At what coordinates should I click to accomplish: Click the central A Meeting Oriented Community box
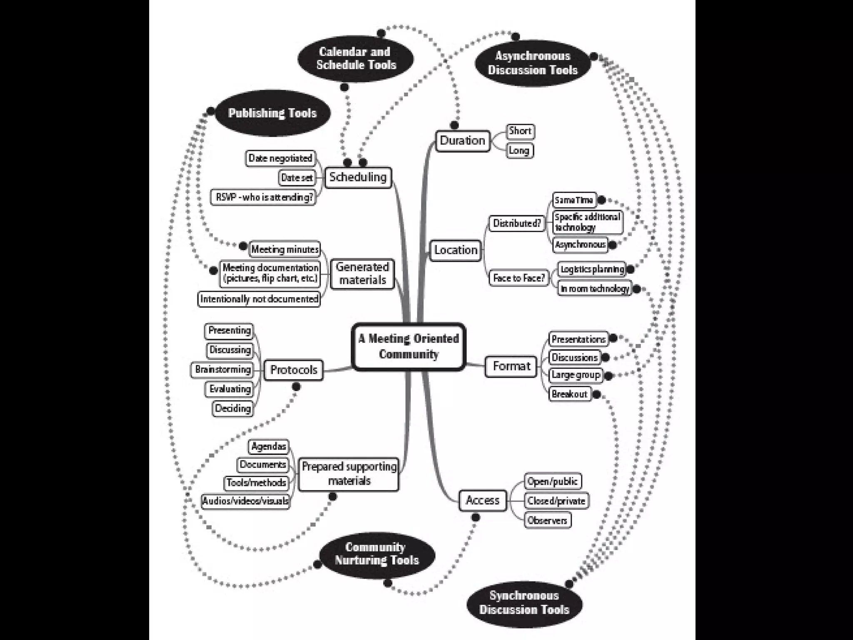(409, 347)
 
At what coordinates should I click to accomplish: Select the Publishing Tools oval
(272, 113)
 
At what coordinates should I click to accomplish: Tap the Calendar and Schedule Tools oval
(356, 58)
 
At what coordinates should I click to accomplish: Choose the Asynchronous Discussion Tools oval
(533, 63)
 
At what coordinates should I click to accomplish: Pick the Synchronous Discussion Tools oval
(524, 602)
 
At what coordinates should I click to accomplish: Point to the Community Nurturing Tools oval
(377, 554)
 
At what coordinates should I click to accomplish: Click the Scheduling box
(358, 177)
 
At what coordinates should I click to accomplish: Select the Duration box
(462, 141)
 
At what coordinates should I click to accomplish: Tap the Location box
(456, 250)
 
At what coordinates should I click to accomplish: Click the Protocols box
(294, 370)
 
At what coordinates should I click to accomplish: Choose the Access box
(482, 500)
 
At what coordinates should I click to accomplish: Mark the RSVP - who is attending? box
(263, 197)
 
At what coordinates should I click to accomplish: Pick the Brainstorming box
(222, 370)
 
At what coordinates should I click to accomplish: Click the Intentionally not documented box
(259, 299)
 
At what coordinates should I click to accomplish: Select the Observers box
(547, 520)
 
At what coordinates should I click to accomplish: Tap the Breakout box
(569, 394)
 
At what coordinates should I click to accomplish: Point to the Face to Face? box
(519, 278)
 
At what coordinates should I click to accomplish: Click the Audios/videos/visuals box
(245, 501)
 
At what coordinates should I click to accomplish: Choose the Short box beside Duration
(520, 131)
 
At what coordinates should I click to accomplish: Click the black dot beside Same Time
(601, 200)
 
